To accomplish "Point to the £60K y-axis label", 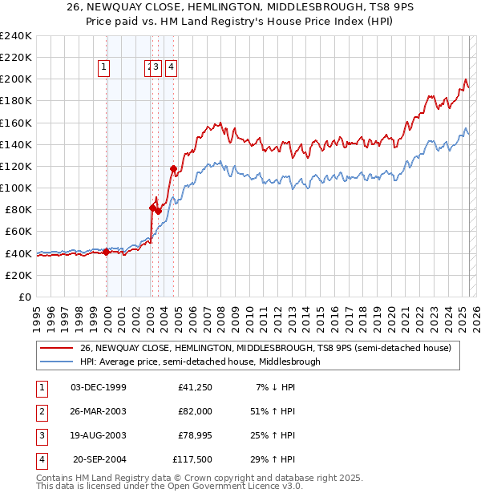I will [18, 232].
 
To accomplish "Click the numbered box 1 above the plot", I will [104, 68].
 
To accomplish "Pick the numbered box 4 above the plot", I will [172, 68].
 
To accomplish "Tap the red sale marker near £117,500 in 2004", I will [173, 168].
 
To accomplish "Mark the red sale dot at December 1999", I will [107, 252].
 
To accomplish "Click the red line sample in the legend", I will [56, 348].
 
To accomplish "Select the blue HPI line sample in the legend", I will [56, 362].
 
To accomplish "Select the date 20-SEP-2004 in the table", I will [99, 459].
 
